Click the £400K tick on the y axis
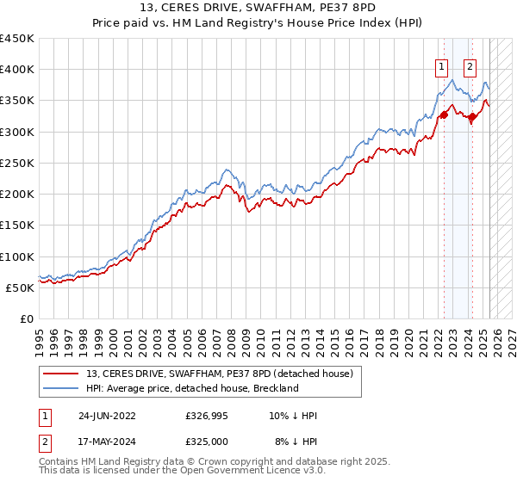tap(17, 70)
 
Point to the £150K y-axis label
tap(17, 225)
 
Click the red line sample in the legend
tap(62, 374)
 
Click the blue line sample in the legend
tap(62, 388)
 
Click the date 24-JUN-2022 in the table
tap(107, 416)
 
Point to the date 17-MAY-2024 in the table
tap(107, 441)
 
